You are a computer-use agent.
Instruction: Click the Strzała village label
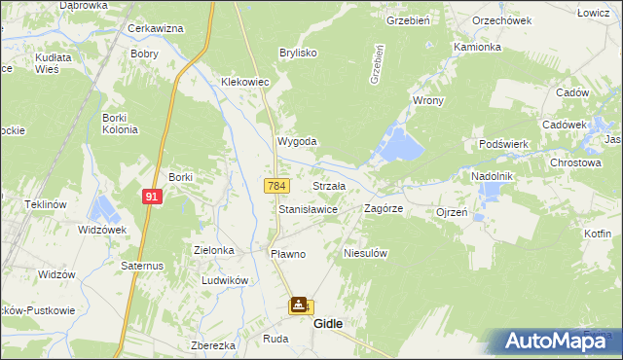330,185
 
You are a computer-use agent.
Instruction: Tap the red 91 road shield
152,197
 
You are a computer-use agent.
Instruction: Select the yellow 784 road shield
276,185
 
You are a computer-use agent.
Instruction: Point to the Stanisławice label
309,209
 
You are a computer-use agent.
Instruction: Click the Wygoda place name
297,141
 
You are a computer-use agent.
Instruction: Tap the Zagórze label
384,208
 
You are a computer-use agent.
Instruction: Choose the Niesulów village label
367,253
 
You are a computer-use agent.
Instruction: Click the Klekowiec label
244,83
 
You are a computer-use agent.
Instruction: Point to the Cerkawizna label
156,28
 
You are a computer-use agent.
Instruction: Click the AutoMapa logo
554,341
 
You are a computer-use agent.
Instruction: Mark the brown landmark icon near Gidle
298,306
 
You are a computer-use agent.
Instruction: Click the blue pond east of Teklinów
101,207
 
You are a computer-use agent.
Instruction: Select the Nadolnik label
492,176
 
